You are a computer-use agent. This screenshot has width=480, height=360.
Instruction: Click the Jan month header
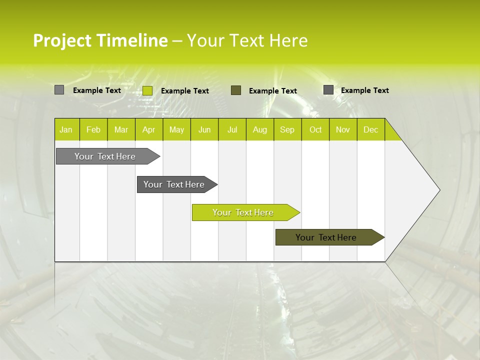(x=66, y=129)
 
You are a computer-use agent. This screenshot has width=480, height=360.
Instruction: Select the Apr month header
(x=148, y=129)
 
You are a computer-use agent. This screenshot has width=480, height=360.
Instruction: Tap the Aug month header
(x=259, y=129)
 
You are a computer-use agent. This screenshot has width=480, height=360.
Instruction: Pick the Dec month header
(x=370, y=129)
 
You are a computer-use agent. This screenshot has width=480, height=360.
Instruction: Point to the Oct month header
(x=315, y=129)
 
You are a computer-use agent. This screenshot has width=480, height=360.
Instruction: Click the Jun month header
(x=204, y=129)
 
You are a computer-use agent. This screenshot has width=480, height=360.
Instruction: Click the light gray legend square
(x=59, y=90)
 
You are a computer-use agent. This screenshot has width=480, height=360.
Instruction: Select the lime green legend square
(x=147, y=90)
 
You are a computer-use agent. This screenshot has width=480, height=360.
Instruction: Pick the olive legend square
(x=236, y=90)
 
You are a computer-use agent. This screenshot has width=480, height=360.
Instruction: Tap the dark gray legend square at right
(x=328, y=90)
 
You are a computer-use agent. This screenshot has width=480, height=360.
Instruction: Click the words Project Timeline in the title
(x=100, y=40)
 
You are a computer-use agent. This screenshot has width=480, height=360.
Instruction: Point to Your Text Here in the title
(x=247, y=40)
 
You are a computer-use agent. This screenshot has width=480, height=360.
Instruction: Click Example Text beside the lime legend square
(x=185, y=91)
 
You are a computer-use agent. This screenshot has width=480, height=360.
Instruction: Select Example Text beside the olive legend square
(x=273, y=91)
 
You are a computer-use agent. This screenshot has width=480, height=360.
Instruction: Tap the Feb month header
(x=93, y=129)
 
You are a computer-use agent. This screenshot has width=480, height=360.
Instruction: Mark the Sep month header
(x=287, y=129)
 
